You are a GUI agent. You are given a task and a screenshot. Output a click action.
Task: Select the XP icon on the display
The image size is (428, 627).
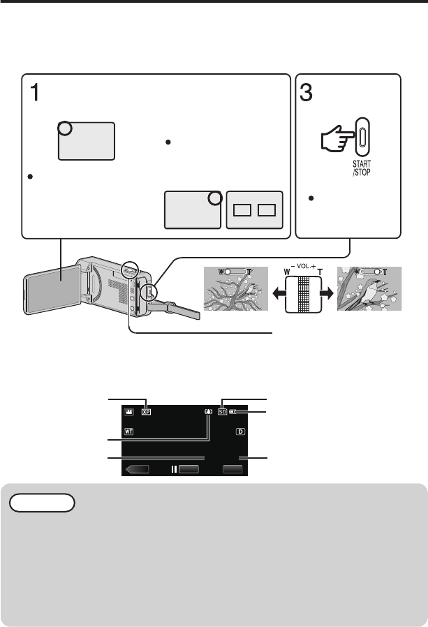pyautogui.click(x=146, y=412)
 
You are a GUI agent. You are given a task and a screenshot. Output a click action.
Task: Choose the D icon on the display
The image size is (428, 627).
pyautogui.click(x=239, y=431)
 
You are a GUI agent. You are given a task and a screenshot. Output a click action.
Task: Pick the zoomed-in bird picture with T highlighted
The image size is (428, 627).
pyautogui.click(x=368, y=289)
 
